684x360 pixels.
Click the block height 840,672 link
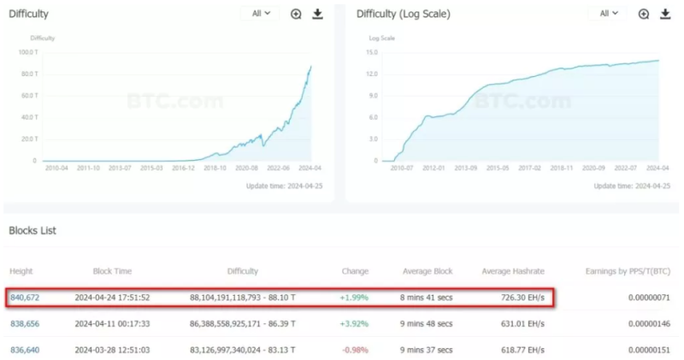click(24, 298)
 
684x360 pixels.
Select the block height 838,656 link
click(24, 324)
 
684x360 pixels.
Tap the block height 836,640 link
click(24, 350)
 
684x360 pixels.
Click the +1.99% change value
click(355, 298)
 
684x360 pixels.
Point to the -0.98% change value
click(355, 350)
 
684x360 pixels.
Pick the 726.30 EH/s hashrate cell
click(519, 298)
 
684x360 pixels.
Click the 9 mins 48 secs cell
click(427, 324)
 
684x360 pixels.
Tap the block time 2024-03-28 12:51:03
click(112, 350)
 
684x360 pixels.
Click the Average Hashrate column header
click(513, 271)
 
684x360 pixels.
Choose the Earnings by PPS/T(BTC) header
click(628, 271)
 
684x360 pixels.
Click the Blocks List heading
click(32, 231)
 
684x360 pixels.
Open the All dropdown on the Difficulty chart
click(260, 14)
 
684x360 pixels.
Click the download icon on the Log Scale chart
click(663, 14)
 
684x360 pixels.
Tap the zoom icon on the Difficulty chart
click(296, 14)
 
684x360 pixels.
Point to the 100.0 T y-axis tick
click(27, 52)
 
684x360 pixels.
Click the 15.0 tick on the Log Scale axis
click(372, 52)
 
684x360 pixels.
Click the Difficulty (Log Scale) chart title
click(403, 15)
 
